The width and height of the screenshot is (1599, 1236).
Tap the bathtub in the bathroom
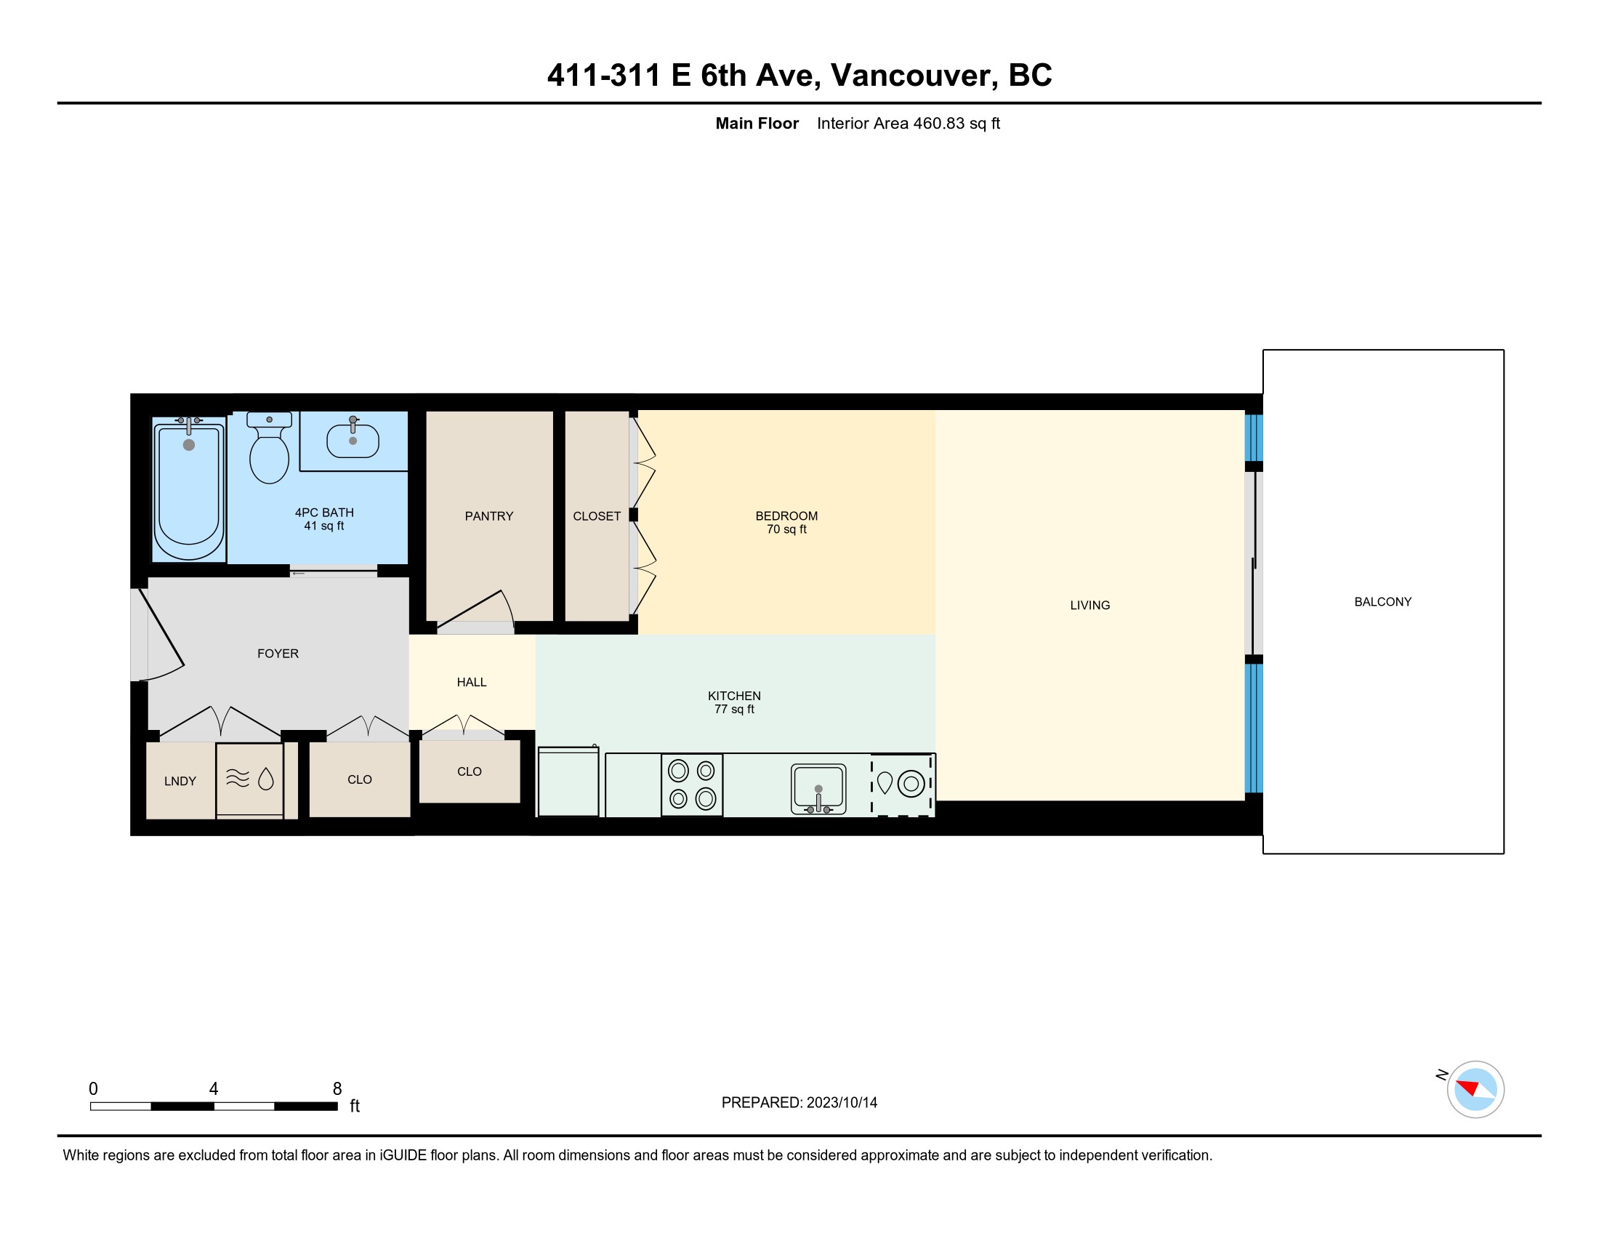click(189, 489)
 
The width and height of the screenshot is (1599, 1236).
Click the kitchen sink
click(818, 789)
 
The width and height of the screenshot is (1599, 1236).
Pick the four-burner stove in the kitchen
click(692, 784)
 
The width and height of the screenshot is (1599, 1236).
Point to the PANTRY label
click(489, 516)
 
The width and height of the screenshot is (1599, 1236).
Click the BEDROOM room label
click(786, 516)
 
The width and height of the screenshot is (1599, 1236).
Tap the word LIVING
click(1090, 606)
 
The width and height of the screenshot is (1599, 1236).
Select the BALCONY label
click(1383, 602)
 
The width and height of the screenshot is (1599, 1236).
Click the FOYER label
click(278, 654)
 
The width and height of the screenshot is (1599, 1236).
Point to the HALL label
click(472, 683)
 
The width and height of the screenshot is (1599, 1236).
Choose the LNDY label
click(180, 782)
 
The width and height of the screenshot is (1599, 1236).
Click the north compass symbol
click(1475, 1089)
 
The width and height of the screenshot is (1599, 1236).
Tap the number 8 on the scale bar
click(337, 1089)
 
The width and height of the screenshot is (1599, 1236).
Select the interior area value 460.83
click(938, 124)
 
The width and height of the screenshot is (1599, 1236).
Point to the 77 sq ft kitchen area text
click(734, 710)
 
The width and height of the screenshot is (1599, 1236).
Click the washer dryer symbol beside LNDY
click(249, 780)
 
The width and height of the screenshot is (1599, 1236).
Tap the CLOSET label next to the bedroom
click(597, 516)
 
